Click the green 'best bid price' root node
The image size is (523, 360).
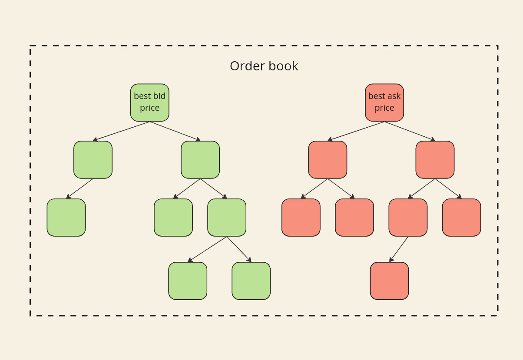[x=149, y=102]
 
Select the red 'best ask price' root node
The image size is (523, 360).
[x=384, y=102]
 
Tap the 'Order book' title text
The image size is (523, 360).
[x=264, y=66]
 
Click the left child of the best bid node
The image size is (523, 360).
[x=93, y=159]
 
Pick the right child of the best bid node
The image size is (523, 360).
[x=200, y=159]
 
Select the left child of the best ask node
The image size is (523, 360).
[x=328, y=159]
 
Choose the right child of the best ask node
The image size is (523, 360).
[x=435, y=159]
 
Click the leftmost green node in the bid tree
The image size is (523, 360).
[x=66, y=217]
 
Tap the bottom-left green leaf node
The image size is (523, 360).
[x=188, y=281]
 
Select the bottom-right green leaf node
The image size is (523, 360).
[x=251, y=281]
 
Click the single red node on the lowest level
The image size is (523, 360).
[x=389, y=281]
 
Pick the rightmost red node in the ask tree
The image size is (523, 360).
[x=461, y=217]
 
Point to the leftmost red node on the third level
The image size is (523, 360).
[x=301, y=217]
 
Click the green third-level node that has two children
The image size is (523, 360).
[x=227, y=217]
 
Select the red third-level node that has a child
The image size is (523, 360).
[x=408, y=217]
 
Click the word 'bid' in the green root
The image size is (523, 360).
[x=159, y=96]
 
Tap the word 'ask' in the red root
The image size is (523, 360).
[x=394, y=96]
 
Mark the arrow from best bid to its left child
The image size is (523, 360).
[x=122, y=131]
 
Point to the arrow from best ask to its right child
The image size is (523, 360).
[x=410, y=131]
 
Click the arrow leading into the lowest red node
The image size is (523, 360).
[x=399, y=249]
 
